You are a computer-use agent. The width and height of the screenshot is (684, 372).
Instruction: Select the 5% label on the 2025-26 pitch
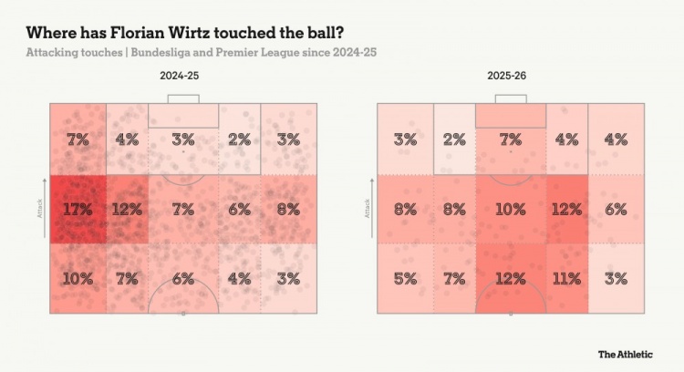[x=405, y=278]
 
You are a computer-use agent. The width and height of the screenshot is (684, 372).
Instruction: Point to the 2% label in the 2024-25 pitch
[x=240, y=139]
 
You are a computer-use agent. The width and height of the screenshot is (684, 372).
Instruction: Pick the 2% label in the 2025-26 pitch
[x=453, y=139]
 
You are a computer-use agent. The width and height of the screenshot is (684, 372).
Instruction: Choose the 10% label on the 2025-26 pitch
[x=511, y=209]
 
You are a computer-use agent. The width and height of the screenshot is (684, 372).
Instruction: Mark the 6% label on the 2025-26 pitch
[x=616, y=209]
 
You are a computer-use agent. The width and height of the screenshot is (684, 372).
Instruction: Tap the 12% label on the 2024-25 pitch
[x=126, y=209]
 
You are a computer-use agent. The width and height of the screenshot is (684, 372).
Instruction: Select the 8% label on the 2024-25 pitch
[x=288, y=209]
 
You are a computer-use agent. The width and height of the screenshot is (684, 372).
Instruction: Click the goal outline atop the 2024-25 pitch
[x=183, y=98]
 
